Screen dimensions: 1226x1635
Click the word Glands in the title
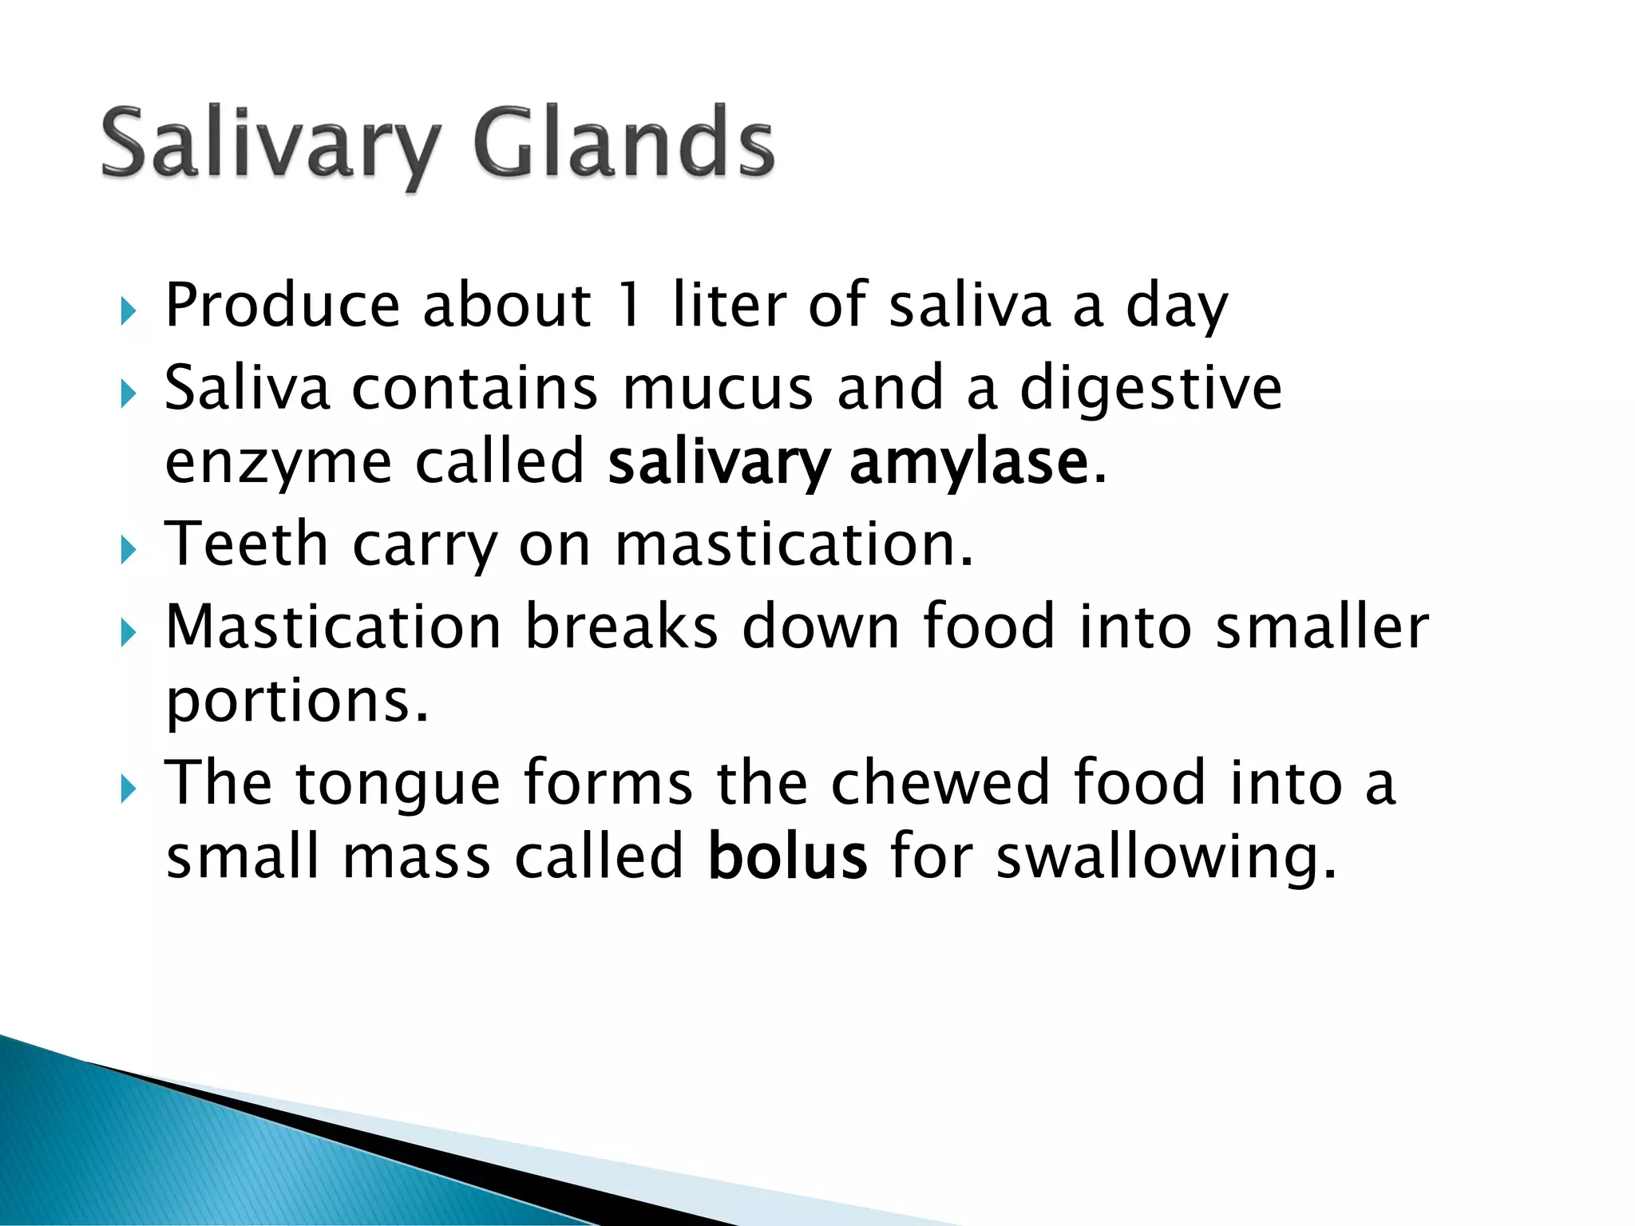coord(624,144)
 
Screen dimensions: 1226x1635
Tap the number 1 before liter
coord(631,305)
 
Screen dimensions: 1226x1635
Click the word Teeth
coord(247,544)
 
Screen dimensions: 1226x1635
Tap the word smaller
coord(1322,626)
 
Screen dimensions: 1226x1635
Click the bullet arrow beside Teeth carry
coord(128,549)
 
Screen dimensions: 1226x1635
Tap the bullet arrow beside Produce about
coord(128,310)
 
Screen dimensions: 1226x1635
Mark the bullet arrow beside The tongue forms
coord(128,789)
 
